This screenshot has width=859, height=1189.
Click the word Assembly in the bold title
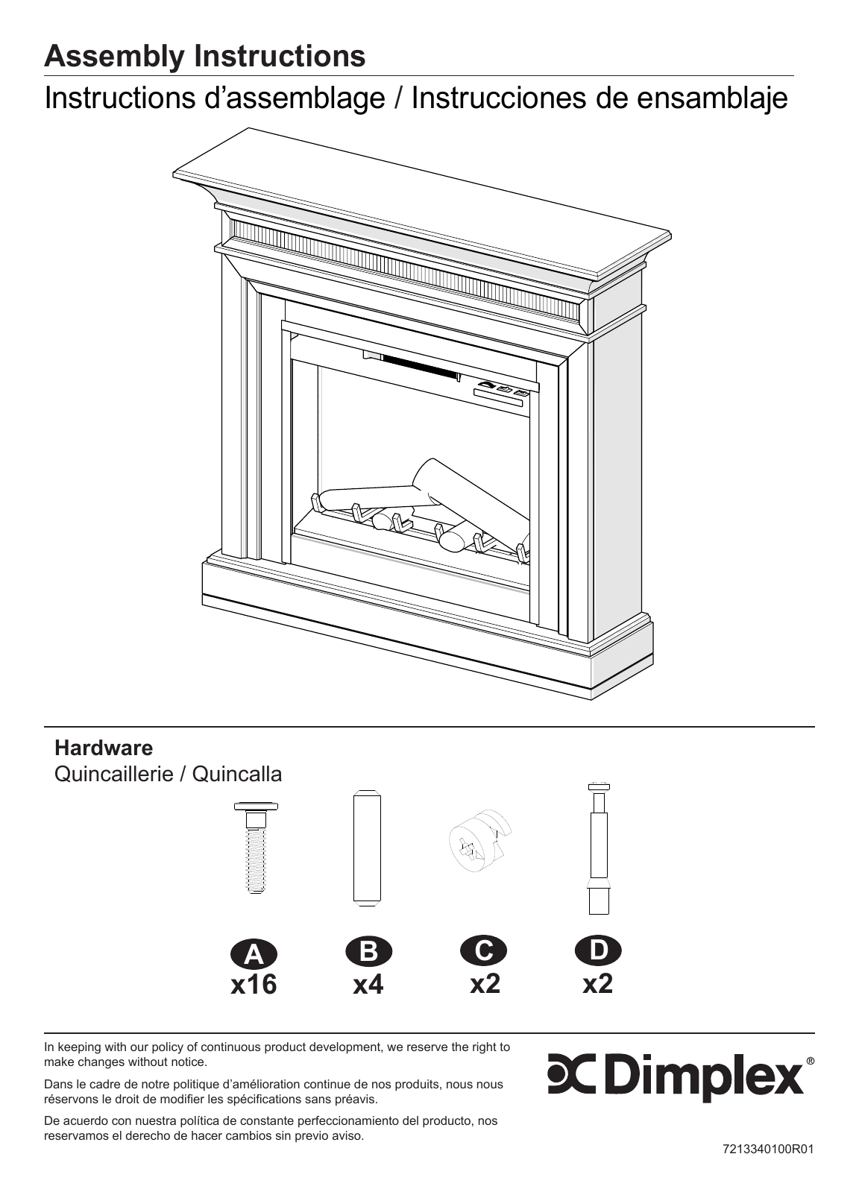pos(113,57)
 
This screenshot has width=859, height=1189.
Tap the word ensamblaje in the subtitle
pos(712,98)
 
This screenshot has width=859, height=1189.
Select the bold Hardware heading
pos(104,748)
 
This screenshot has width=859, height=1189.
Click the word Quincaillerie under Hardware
pos(114,775)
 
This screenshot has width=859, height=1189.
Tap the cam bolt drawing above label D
pos(599,849)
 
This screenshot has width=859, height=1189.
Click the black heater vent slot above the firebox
pos(419,366)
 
